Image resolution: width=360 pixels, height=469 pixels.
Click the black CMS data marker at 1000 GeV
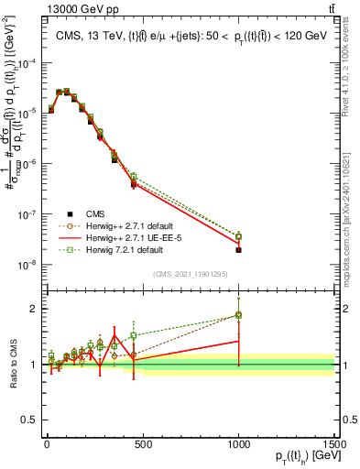(x=238, y=250)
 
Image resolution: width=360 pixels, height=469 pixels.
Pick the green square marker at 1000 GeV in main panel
(x=238, y=235)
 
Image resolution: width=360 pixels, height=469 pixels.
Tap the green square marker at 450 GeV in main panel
(x=133, y=176)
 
